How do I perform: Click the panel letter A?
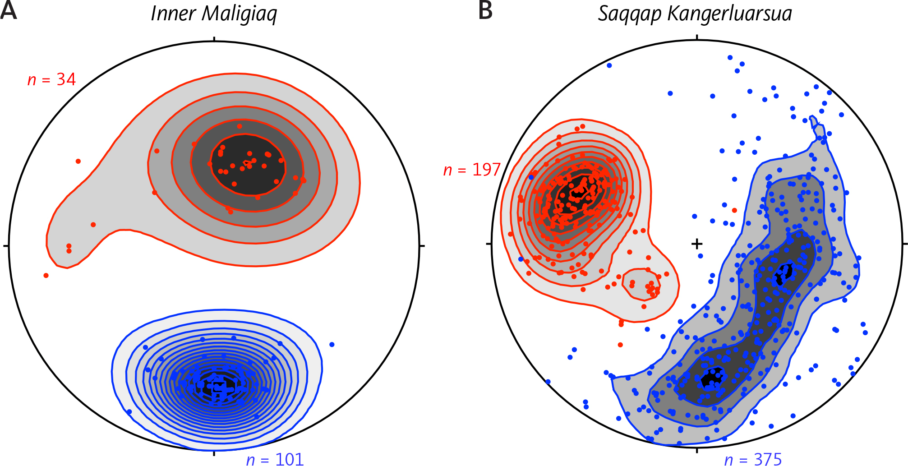[9, 11]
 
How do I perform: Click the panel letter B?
[485, 11]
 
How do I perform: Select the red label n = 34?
[51, 80]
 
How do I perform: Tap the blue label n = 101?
[275, 459]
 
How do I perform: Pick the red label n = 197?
[472, 170]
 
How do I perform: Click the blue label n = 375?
[753, 459]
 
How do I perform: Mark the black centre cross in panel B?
[697, 244]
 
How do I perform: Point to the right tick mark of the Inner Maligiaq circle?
[422, 246]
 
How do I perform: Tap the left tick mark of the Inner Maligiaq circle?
[6, 246]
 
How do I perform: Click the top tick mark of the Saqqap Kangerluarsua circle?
[697, 38]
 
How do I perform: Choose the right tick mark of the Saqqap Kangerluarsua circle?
[905, 244]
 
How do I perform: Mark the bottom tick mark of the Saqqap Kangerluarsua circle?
[697, 450]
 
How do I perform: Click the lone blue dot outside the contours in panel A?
[332, 345]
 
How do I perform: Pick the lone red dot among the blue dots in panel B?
[734, 210]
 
